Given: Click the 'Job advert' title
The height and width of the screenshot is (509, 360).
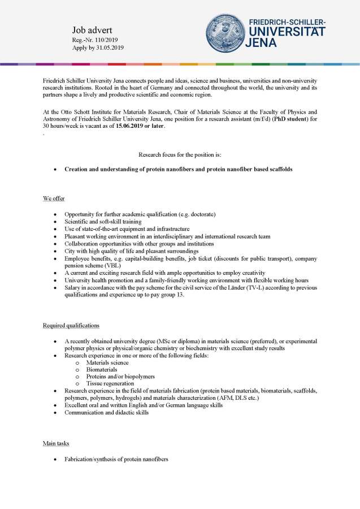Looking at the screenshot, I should tap(93, 29).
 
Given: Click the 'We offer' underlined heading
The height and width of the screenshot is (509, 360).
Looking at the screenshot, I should tap(54, 199).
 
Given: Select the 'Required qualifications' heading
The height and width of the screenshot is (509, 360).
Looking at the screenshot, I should tap(71, 325).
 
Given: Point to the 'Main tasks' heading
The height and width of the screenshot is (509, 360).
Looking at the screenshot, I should tap(57, 443).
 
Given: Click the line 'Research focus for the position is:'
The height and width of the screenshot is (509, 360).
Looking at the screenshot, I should tap(180, 154).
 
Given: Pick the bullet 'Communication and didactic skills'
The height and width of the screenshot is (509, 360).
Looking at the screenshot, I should tap(107, 413).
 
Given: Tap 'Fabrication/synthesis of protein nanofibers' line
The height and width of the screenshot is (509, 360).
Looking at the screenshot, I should tap(116, 459).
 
